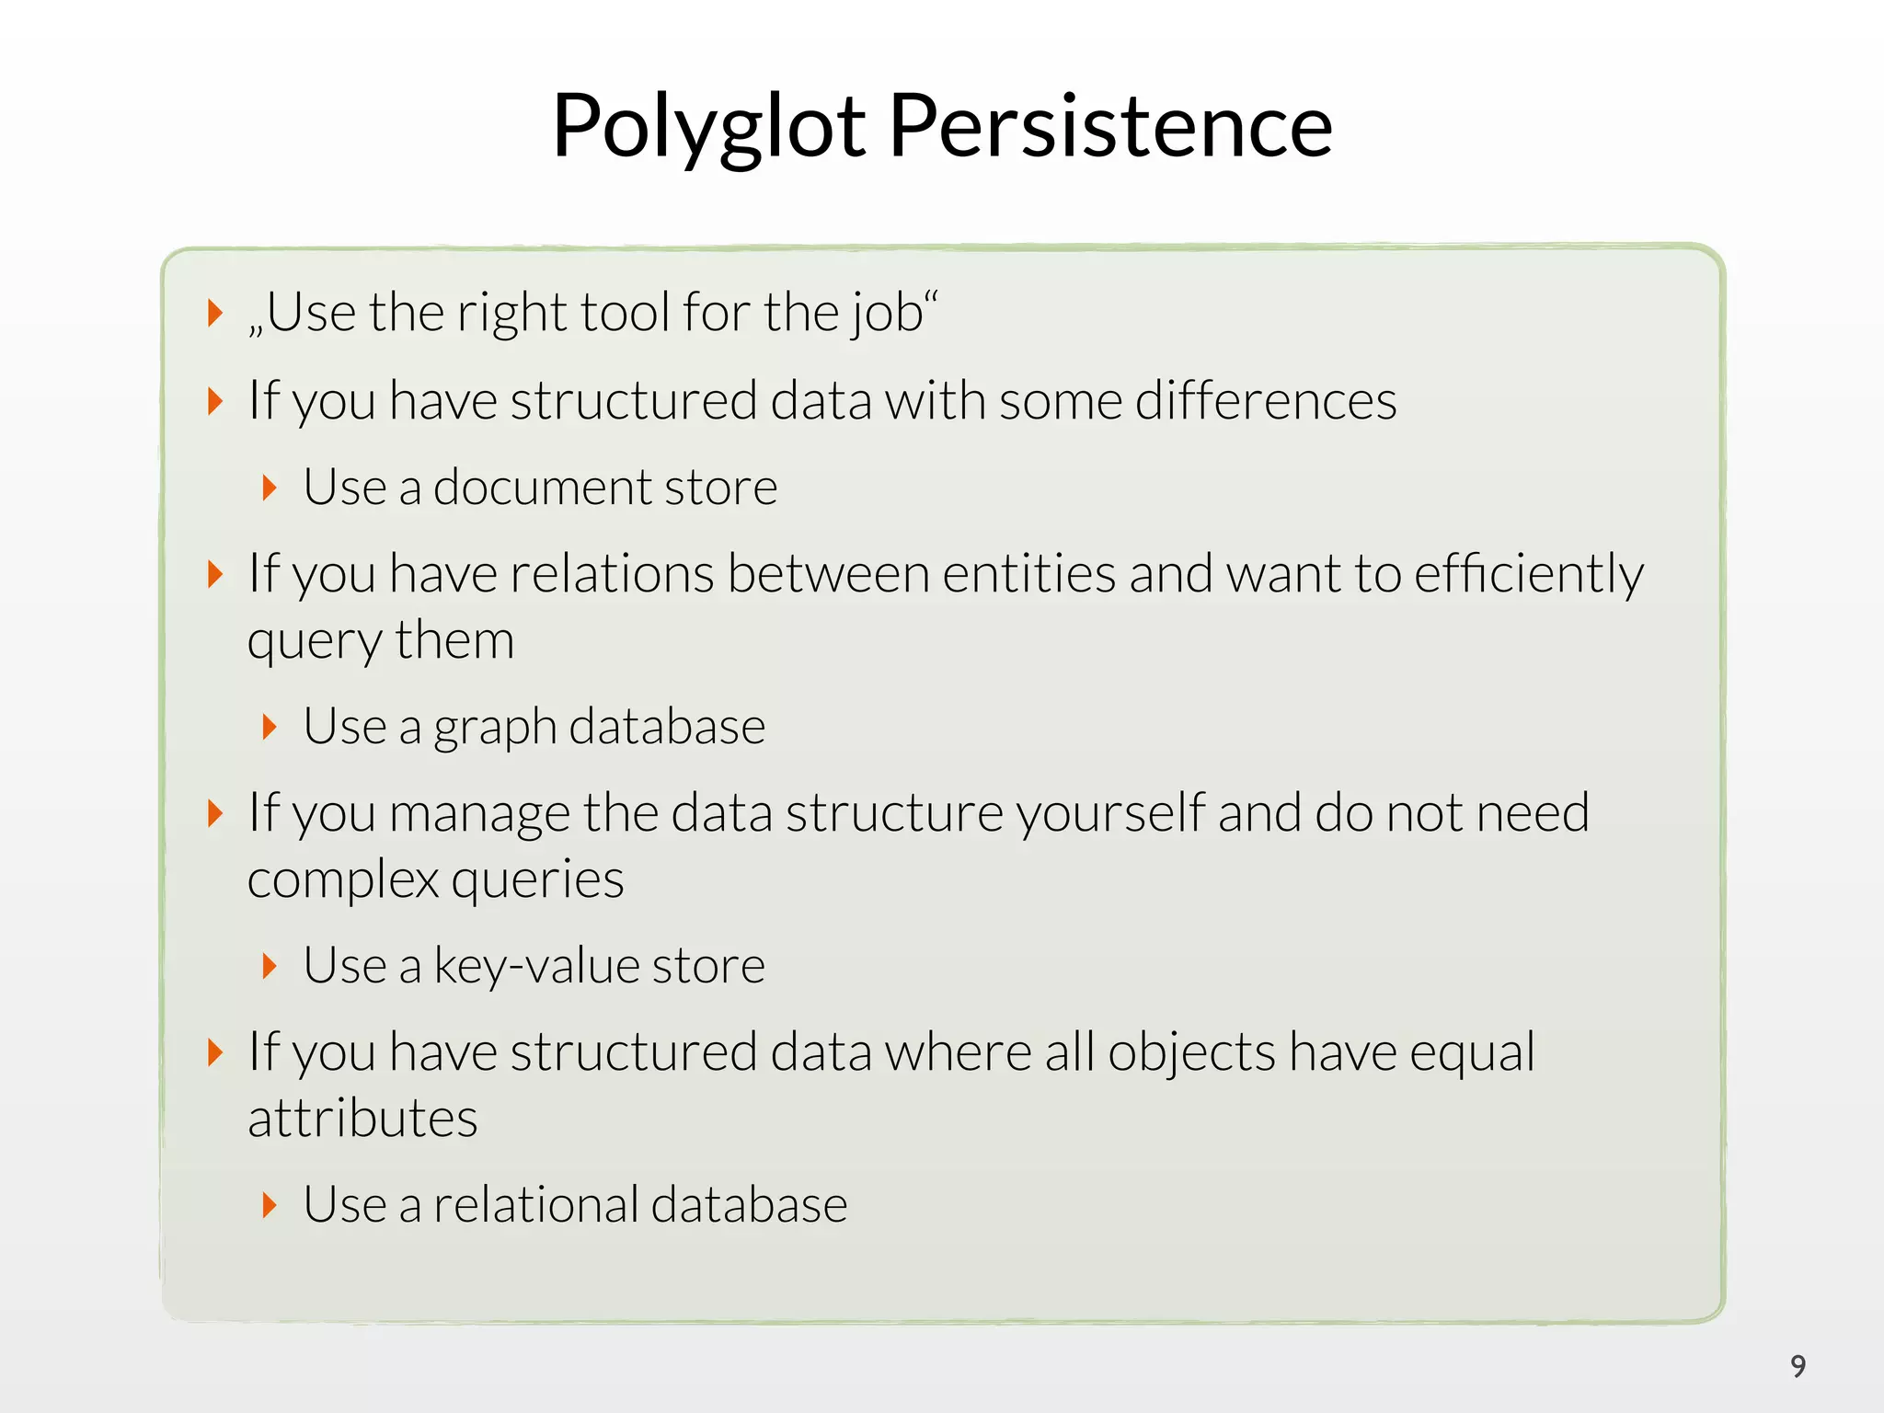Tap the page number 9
point(1798,1366)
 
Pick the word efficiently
point(1528,575)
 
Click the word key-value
point(536,966)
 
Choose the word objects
point(1191,1053)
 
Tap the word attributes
point(362,1120)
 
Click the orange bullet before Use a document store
point(269,488)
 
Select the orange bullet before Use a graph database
point(269,727)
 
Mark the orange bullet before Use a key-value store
point(269,966)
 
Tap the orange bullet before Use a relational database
point(269,1205)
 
